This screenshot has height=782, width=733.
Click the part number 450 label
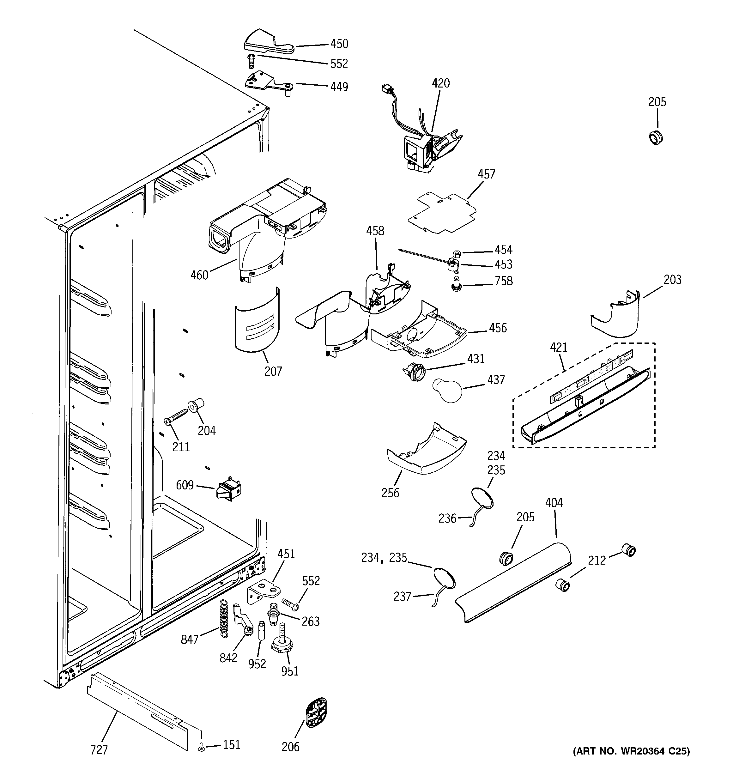coord(339,44)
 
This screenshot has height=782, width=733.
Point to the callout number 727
coord(99,750)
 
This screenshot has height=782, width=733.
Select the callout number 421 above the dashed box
coord(558,347)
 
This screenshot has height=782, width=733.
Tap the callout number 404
coord(554,503)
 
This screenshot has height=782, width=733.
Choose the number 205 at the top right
coord(657,102)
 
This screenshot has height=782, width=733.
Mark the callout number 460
coord(199,275)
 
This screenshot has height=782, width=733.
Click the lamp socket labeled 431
coord(413,372)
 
